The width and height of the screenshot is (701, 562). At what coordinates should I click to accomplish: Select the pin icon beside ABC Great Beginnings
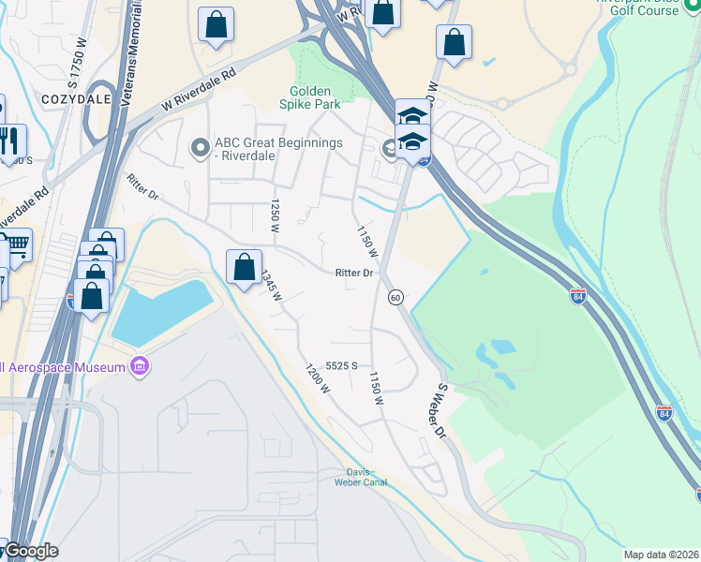coord(199,148)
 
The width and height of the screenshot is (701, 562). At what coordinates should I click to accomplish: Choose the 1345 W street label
coord(272,284)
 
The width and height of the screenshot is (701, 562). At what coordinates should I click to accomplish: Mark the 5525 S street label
coord(342,366)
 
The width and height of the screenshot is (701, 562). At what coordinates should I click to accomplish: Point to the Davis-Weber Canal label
coord(361,477)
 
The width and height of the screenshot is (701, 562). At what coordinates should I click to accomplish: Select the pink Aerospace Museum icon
coord(141,364)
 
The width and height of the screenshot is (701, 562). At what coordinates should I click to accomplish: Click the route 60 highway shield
coord(395,297)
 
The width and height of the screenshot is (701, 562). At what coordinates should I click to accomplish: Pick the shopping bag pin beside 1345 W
coord(244,267)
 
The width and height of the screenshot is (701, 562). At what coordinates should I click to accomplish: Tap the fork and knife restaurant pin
coord(9,141)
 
